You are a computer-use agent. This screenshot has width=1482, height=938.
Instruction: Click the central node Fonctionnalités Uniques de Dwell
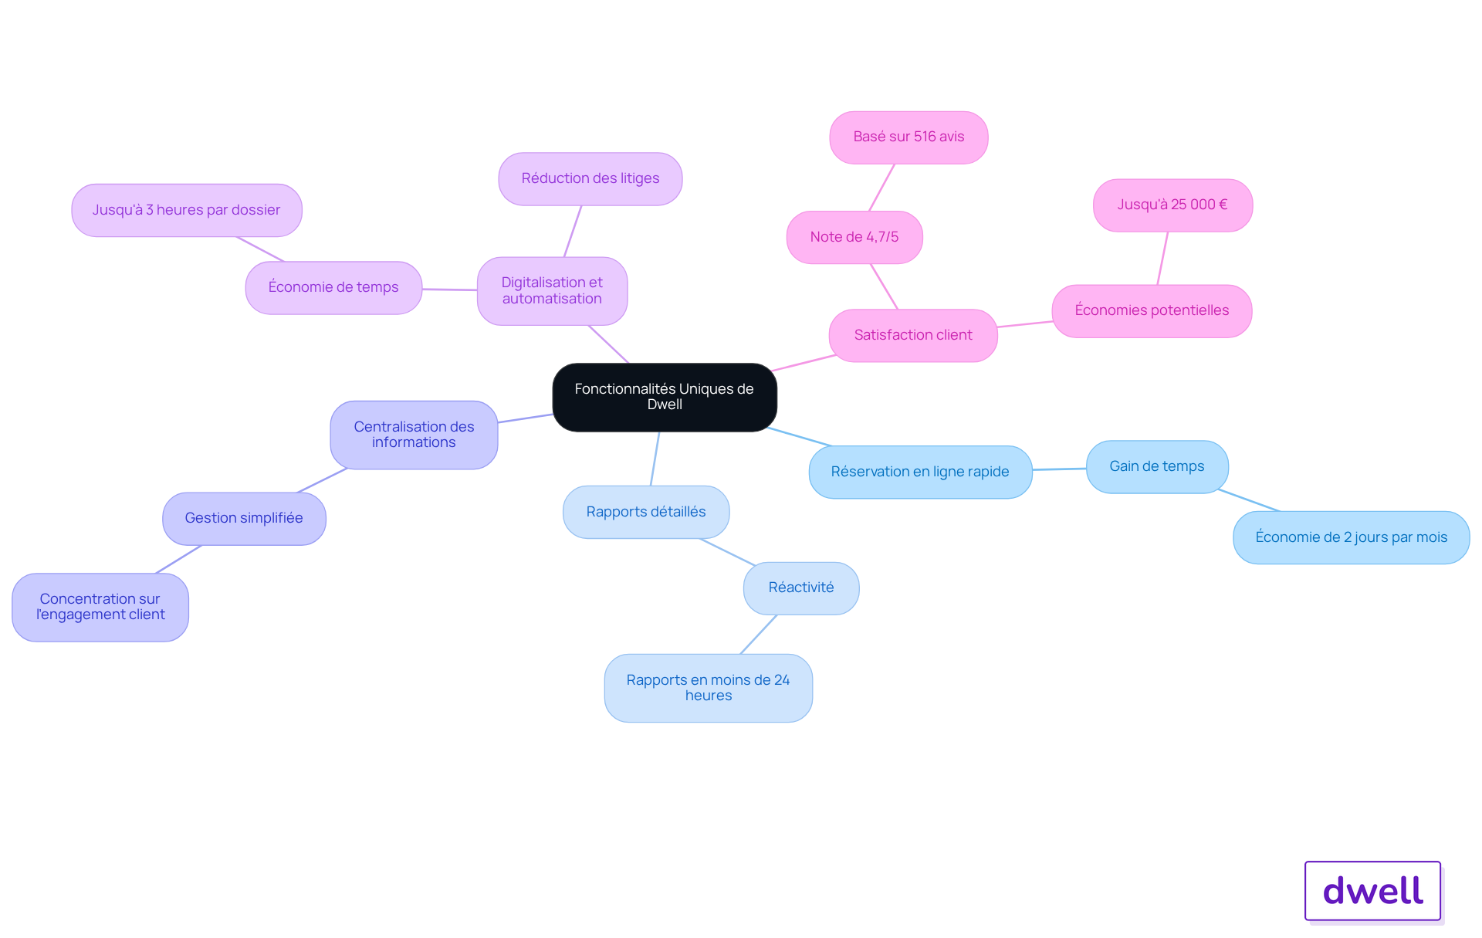665,397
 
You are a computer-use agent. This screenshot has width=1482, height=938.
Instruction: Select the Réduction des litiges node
590,179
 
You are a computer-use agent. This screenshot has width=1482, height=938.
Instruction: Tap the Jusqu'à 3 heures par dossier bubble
187,210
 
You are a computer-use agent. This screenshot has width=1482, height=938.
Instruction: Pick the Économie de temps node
333,288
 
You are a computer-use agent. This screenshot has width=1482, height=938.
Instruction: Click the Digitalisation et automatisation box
553,291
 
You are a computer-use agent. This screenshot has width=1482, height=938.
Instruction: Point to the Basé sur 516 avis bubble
909,137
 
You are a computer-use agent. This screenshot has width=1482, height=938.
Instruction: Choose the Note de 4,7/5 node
854,237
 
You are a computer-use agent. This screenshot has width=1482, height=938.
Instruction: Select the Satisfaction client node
913,336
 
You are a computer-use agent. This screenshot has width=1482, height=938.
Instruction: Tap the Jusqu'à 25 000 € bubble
1173,205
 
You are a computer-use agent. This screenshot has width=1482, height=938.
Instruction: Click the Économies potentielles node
1152,311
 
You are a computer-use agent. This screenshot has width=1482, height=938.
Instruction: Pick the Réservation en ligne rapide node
921,472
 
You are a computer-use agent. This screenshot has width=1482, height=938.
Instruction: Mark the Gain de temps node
1157,467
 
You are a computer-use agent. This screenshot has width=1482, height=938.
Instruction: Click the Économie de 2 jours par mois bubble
1352,537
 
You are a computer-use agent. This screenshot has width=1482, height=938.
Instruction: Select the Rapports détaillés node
646,512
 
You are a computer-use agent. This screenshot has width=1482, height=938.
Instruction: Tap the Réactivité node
801,588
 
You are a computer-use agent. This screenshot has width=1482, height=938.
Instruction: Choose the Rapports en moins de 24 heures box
709,688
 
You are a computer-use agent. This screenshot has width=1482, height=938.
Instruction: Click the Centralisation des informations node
414,435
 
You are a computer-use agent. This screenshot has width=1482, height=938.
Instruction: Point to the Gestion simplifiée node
244,519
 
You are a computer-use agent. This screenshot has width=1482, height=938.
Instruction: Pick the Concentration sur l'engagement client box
100,607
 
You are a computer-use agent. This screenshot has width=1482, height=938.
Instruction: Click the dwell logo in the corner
1373,891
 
